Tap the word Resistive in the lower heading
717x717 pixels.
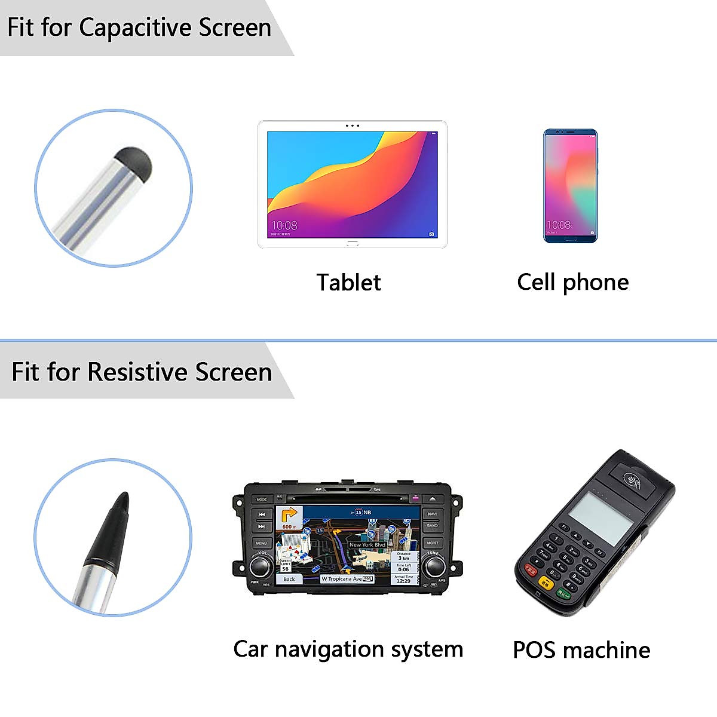coord(137,372)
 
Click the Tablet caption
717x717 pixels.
coord(348,283)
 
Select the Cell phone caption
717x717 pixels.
coord(572,282)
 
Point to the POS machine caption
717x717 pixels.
coord(581,649)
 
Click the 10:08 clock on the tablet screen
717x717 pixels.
coord(284,225)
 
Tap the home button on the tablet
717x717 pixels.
coord(352,244)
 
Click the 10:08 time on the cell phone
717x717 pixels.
coord(559,225)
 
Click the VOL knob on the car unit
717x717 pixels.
coord(261,565)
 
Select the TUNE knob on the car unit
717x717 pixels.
coord(433,565)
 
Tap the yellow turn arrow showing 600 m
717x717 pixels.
coord(289,517)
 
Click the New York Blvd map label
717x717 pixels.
coord(367,544)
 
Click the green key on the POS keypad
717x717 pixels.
coord(563,593)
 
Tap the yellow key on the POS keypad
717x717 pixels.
coord(546,583)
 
